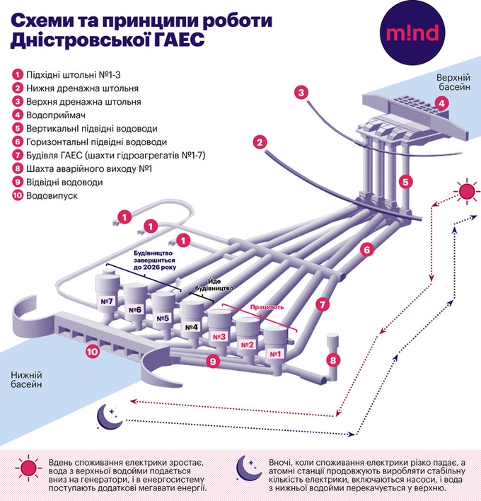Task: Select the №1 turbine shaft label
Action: (x=274, y=353)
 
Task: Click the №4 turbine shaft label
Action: (x=192, y=327)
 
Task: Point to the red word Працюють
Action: (x=267, y=309)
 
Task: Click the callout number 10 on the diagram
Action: (x=92, y=350)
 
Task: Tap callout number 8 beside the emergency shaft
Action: (x=334, y=359)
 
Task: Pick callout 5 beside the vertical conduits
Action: (x=405, y=181)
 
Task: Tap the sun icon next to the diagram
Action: (x=467, y=192)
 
